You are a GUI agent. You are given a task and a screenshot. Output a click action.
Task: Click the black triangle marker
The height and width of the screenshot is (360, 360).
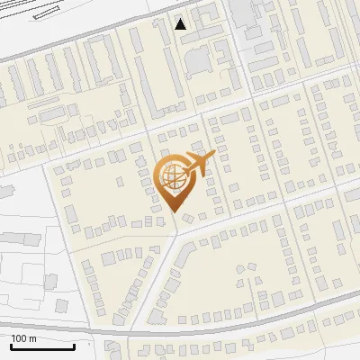181,24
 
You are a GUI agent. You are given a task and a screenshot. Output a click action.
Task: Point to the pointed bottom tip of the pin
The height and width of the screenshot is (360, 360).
175,212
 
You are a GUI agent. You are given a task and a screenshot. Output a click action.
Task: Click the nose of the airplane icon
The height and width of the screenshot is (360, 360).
212,155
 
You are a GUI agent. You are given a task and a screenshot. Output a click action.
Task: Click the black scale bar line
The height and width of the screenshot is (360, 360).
42,346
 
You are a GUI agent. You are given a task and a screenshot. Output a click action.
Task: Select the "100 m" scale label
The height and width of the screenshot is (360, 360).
23,338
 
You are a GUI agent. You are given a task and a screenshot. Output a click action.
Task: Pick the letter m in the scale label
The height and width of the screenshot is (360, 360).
32,338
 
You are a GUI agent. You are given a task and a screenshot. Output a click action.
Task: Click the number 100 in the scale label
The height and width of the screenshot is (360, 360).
19,338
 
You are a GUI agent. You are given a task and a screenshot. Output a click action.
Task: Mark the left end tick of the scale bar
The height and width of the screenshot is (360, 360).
11,345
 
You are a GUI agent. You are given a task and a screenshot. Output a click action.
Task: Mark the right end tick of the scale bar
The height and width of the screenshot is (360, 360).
74,345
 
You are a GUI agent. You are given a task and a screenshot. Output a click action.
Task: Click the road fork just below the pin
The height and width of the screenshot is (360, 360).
176,231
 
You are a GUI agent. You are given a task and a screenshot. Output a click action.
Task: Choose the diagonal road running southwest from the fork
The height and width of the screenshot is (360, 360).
153,279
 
